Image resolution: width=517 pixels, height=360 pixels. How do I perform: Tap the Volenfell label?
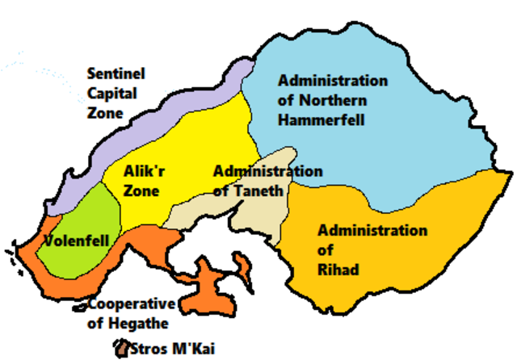[x=71, y=241]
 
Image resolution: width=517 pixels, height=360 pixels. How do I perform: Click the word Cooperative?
[x=131, y=304]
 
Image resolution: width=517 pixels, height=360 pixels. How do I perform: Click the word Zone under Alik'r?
[x=141, y=191]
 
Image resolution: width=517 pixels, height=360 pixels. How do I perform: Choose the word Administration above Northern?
[x=333, y=82]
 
